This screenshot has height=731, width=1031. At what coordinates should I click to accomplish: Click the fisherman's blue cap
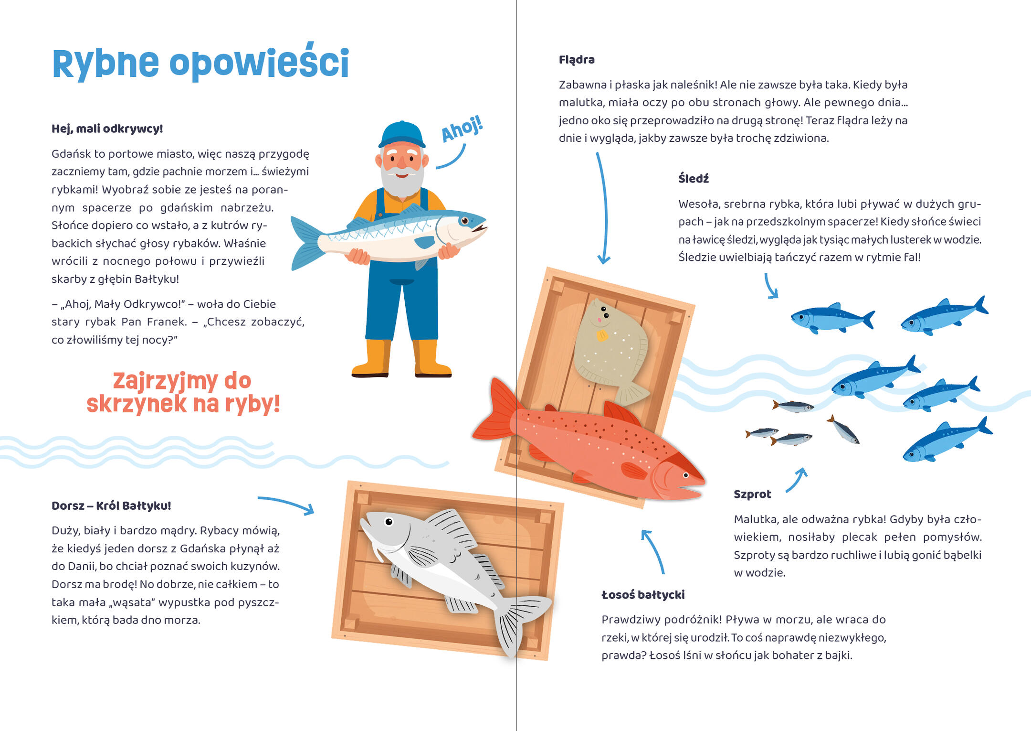click(x=402, y=134)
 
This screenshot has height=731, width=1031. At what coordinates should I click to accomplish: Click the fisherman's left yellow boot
click(x=371, y=358)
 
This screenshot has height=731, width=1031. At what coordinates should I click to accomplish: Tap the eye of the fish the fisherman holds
click(x=464, y=221)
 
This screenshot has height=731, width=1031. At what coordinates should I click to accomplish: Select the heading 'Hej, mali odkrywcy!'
click(x=107, y=129)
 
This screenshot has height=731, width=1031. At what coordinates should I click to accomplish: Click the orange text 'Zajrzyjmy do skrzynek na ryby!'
click(x=183, y=392)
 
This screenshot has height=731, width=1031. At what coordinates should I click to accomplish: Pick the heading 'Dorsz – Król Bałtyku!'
click(x=111, y=505)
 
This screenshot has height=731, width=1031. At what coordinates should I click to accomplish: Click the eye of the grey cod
click(x=389, y=522)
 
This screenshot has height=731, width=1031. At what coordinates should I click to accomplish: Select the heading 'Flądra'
click(x=577, y=60)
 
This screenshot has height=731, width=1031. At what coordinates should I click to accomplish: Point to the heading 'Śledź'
click(x=694, y=179)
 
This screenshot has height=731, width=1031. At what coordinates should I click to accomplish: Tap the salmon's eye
click(x=686, y=475)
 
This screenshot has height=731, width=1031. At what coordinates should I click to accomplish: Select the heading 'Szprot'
click(x=752, y=494)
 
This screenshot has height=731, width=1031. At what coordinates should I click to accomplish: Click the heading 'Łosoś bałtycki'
click(x=643, y=595)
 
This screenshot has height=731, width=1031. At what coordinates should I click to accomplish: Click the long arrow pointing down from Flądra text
click(x=605, y=208)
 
